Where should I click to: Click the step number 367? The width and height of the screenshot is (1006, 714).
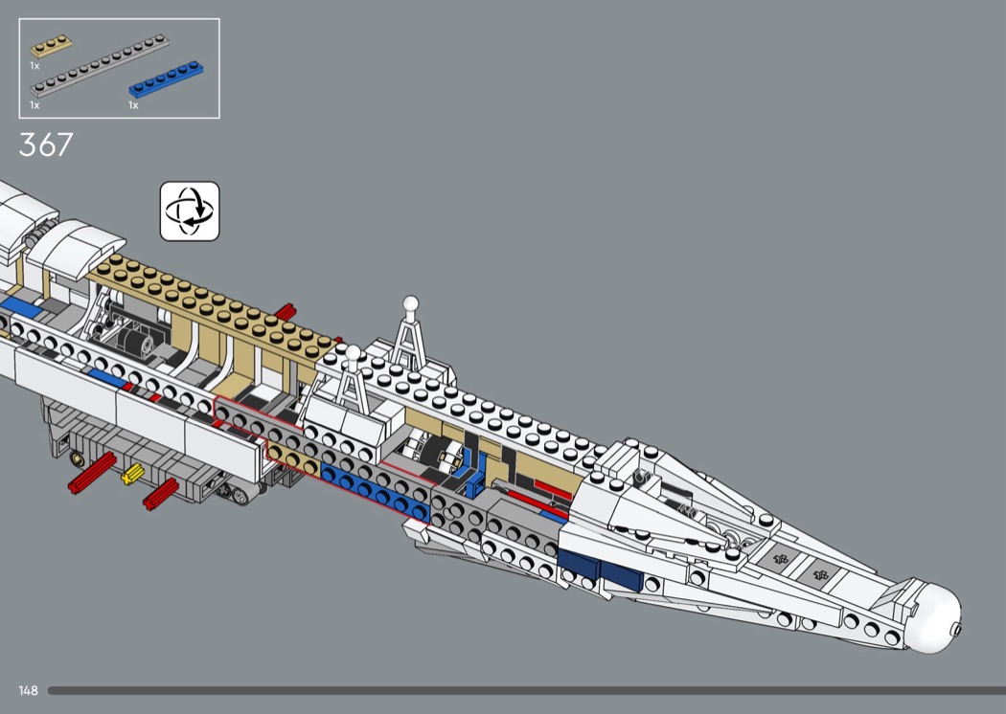coord(46,145)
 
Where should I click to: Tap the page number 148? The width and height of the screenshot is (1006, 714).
coord(28,690)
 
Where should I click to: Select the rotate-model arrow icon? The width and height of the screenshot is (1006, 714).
coord(190,211)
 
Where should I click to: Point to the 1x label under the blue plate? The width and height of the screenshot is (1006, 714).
coord(133,105)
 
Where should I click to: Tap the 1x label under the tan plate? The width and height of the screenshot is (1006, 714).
coord(34,66)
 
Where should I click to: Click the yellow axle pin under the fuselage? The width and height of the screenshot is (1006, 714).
coord(131,473)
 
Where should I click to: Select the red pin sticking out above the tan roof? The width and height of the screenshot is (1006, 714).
coord(285,311)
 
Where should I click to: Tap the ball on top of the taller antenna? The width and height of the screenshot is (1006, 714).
coord(411,303)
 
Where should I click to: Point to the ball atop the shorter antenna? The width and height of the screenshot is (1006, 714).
coord(352,353)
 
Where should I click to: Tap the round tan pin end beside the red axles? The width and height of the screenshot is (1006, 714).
coord(76,458)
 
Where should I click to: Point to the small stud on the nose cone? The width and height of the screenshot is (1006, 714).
coord(958,629)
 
